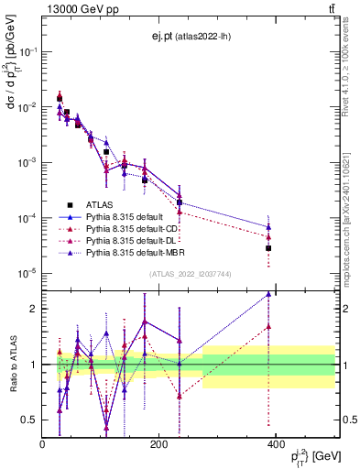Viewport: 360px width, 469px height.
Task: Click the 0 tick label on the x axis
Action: click(x=42, y=444)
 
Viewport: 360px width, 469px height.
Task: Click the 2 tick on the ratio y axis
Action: click(x=33, y=309)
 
